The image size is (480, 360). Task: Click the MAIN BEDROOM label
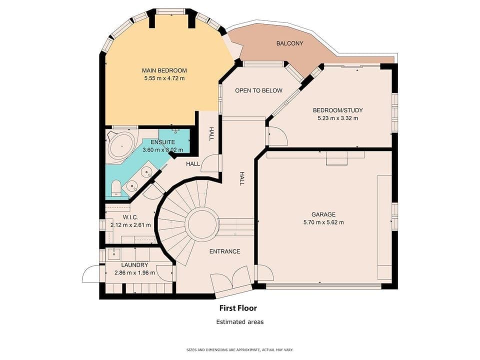click(x=164, y=70)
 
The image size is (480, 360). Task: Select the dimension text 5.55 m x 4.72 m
click(x=164, y=78)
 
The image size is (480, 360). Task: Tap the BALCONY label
click(x=289, y=43)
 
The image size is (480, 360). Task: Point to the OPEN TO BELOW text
click(x=258, y=91)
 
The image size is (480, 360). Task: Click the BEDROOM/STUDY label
click(x=337, y=110)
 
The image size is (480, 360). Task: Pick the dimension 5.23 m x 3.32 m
click(x=337, y=118)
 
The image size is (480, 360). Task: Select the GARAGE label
click(x=323, y=214)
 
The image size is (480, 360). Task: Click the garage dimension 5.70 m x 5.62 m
click(x=323, y=222)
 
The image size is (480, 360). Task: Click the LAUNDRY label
click(x=134, y=265)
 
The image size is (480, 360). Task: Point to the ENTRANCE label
click(x=224, y=251)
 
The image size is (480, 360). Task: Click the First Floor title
click(x=238, y=308)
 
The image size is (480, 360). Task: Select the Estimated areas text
click(x=239, y=322)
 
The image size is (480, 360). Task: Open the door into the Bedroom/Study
click(x=276, y=136)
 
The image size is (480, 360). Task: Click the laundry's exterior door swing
click(x=91, y=274)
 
